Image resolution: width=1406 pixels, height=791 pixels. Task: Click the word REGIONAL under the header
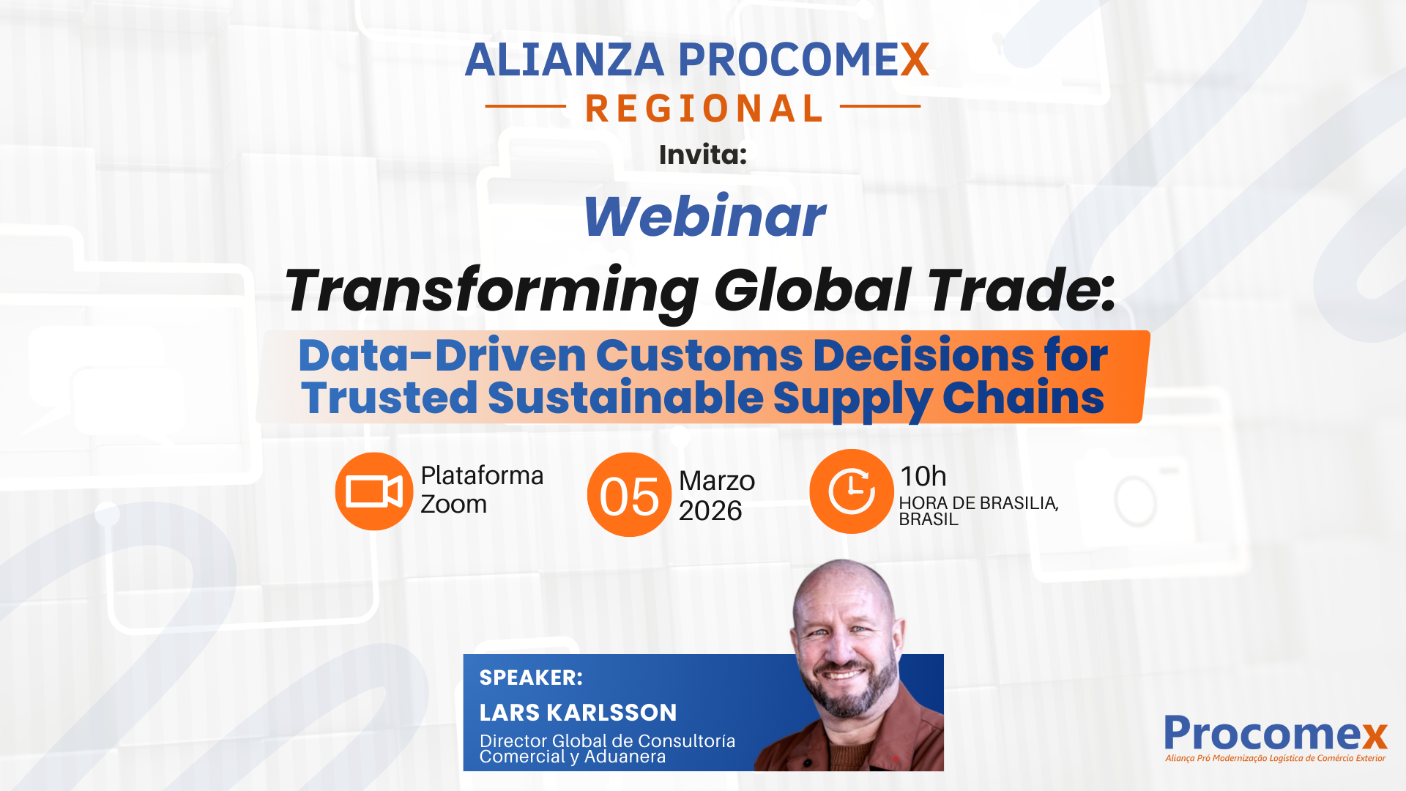704,109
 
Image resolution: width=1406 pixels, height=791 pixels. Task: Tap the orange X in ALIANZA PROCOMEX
915,60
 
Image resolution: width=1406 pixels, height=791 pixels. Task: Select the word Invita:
702,155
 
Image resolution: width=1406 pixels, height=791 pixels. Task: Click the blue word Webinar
704,217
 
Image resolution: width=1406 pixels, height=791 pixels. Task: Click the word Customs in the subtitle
699,356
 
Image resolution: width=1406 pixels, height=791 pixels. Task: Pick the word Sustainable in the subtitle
625,398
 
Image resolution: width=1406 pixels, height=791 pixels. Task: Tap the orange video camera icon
373,491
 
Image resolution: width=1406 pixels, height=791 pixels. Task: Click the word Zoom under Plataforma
453,505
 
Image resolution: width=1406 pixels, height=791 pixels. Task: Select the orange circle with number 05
629,495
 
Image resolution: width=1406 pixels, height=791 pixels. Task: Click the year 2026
710,510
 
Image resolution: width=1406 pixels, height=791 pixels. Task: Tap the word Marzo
716,481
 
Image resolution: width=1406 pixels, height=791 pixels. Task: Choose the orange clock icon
851,491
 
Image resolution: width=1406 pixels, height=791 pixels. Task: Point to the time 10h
923,477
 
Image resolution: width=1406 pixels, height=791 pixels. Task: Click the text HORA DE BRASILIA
978,503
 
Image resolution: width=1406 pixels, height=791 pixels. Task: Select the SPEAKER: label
531,677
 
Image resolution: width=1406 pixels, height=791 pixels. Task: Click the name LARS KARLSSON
578,713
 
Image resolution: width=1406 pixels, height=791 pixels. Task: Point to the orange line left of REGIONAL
525,106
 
